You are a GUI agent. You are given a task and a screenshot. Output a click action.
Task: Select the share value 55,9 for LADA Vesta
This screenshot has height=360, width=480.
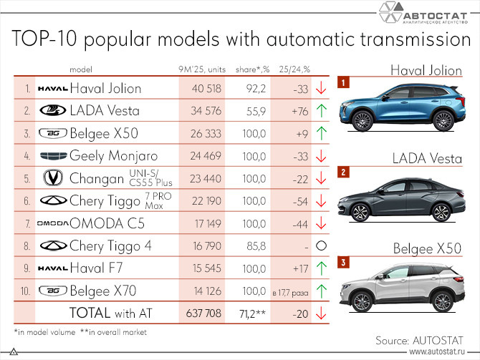(254, 111)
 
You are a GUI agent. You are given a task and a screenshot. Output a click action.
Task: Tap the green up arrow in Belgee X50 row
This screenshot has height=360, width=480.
(320, 133)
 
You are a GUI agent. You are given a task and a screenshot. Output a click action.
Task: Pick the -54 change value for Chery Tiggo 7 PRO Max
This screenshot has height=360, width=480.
(298, 201)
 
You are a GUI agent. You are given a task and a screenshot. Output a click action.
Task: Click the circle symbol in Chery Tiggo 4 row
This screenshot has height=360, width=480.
(320, 245)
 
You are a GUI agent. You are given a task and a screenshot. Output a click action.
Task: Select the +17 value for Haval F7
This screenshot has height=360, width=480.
(298, 268)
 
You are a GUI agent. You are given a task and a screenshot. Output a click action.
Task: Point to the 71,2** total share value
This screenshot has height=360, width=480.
(253, 313)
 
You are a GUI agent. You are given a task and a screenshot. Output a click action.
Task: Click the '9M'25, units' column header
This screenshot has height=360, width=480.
(202, 69)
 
